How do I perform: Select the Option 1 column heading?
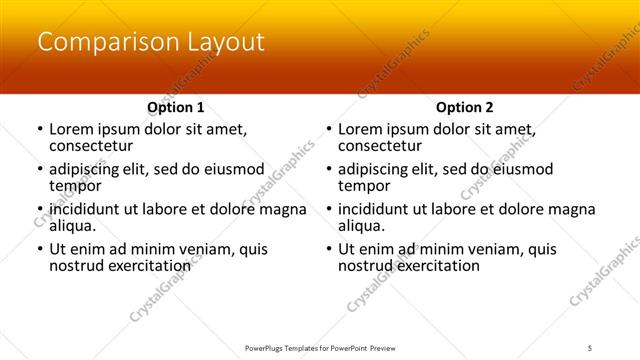[x=175, y=107]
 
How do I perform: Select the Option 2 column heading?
[x=464, y=107]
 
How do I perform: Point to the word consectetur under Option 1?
[x=91, y=146]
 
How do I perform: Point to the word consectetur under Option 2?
[x=380, y=146]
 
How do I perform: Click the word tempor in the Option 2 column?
[x=363, y=185]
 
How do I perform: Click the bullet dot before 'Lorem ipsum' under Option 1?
[x=39, y=130]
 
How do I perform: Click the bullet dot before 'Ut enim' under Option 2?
[x=328, y=250]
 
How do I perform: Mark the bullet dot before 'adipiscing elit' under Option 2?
[x=328, y=170]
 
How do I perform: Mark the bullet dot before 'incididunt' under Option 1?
[x=39, y=210]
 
